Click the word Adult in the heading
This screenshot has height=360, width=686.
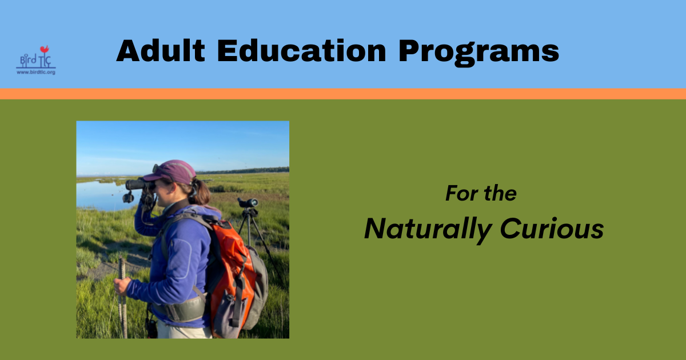pyautogui.click(x=161, y=51)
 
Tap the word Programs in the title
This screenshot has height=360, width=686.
pyautogui.click(x=478, y=52)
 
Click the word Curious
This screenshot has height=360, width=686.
pyautogui.click(x=552, y=229)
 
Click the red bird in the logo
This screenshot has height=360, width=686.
pyautogui.click(x=44, y=50)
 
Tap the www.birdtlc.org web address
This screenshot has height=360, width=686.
pyautogui.click(x=35, y=73)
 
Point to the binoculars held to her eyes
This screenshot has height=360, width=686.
pyautogui.click(x=137, y=185)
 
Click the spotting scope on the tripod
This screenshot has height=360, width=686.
pyautogui.click(x=248, y=202)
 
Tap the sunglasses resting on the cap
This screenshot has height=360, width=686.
pyautogui.click(x=157, y=169)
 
